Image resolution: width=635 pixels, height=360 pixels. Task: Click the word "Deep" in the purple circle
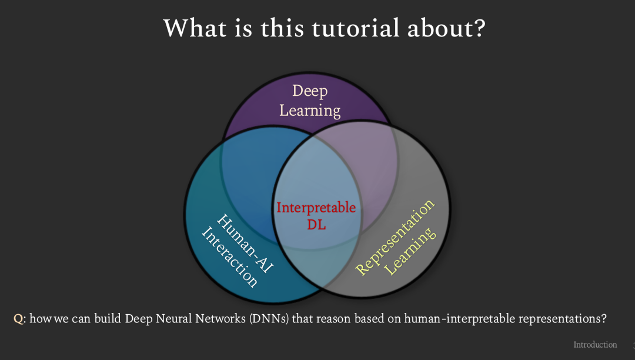310,91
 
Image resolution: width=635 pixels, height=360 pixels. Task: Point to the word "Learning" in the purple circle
310,110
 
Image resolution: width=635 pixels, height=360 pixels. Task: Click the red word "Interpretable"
316,208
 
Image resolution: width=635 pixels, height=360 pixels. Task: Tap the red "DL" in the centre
316,224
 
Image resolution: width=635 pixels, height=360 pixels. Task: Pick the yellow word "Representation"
396,236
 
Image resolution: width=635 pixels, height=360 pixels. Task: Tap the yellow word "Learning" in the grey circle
412,249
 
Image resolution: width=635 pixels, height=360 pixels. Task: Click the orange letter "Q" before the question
18,319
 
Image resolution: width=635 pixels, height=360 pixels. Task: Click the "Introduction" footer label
595,345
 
